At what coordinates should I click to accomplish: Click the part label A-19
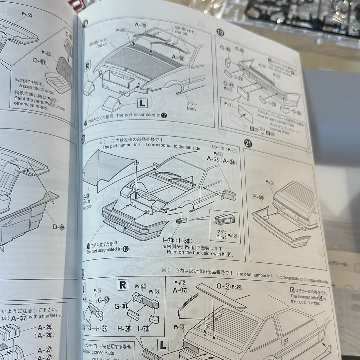tap(141, 25)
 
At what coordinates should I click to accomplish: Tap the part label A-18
tap(178, 58)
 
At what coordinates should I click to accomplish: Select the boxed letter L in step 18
tap(143, 104)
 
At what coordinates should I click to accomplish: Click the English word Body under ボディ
tap(191, 109)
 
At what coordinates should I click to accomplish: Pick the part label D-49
tap(59, 227)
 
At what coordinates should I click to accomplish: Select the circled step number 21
tap(248, 144)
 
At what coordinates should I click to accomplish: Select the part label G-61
tap(121, 306)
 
